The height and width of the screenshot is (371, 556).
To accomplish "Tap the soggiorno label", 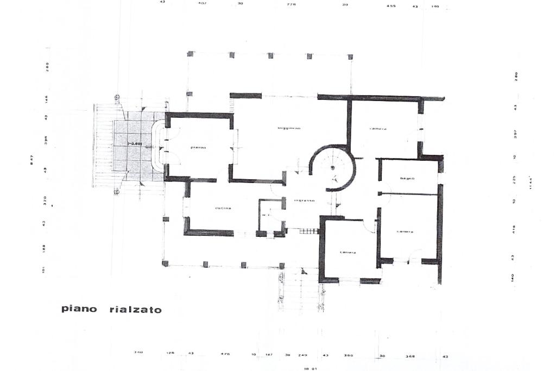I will (x=289, y=128).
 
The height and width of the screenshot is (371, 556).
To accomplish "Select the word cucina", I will (x=223, y=209).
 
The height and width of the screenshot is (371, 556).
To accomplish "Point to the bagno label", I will (x=407, y=178).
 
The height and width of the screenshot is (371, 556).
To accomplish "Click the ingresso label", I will (x=304, y=200).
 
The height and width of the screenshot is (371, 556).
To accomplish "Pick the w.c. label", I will (x=266, y=215).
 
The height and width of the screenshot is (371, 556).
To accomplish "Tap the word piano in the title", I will (x=79, y=309).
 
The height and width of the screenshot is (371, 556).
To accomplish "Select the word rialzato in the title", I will (x=135, y=310).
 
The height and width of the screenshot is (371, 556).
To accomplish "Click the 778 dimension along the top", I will (x=291, y=5).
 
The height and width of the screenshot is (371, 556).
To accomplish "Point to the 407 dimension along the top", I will (x=203, y=3).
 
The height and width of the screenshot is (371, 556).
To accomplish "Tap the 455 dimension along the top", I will (x=391, y=5).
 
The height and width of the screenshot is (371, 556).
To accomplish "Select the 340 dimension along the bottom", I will (x=138, y=353).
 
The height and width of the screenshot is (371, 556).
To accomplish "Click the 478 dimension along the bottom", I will (x=225, y=354).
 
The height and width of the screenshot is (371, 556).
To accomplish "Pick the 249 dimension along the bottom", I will (x=303, y=355).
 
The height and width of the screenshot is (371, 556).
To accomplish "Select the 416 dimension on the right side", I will (x=514, y=230).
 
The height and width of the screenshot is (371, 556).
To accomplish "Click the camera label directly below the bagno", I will (x=406, y=232).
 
